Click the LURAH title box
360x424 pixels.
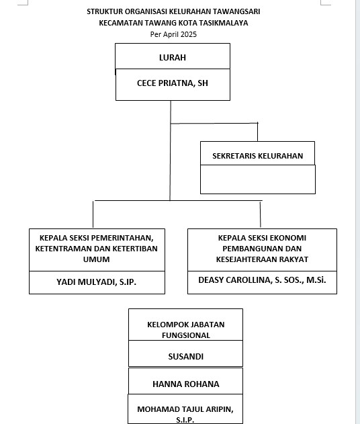(x=173, y=56)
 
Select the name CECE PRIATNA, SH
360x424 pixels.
(x=173, y=83)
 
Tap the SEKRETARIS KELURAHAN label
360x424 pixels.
(x=257, y=156)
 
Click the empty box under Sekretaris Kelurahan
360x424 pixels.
(x=258, y=179)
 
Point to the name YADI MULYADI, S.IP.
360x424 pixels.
(x=96, y=282)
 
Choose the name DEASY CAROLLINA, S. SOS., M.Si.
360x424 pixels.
(x=262, y=280)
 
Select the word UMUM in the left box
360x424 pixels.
(x=96, y=259)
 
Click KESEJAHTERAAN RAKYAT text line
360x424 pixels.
(x=262, y=259)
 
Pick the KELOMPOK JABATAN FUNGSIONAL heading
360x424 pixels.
(x=185, y=330)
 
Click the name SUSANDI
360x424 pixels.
(x=185, y=356)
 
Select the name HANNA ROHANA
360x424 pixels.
(x=185, y=384)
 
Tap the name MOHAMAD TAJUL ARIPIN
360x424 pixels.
(x=185, y=409)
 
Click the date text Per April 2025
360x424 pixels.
(x=173, y=34)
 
